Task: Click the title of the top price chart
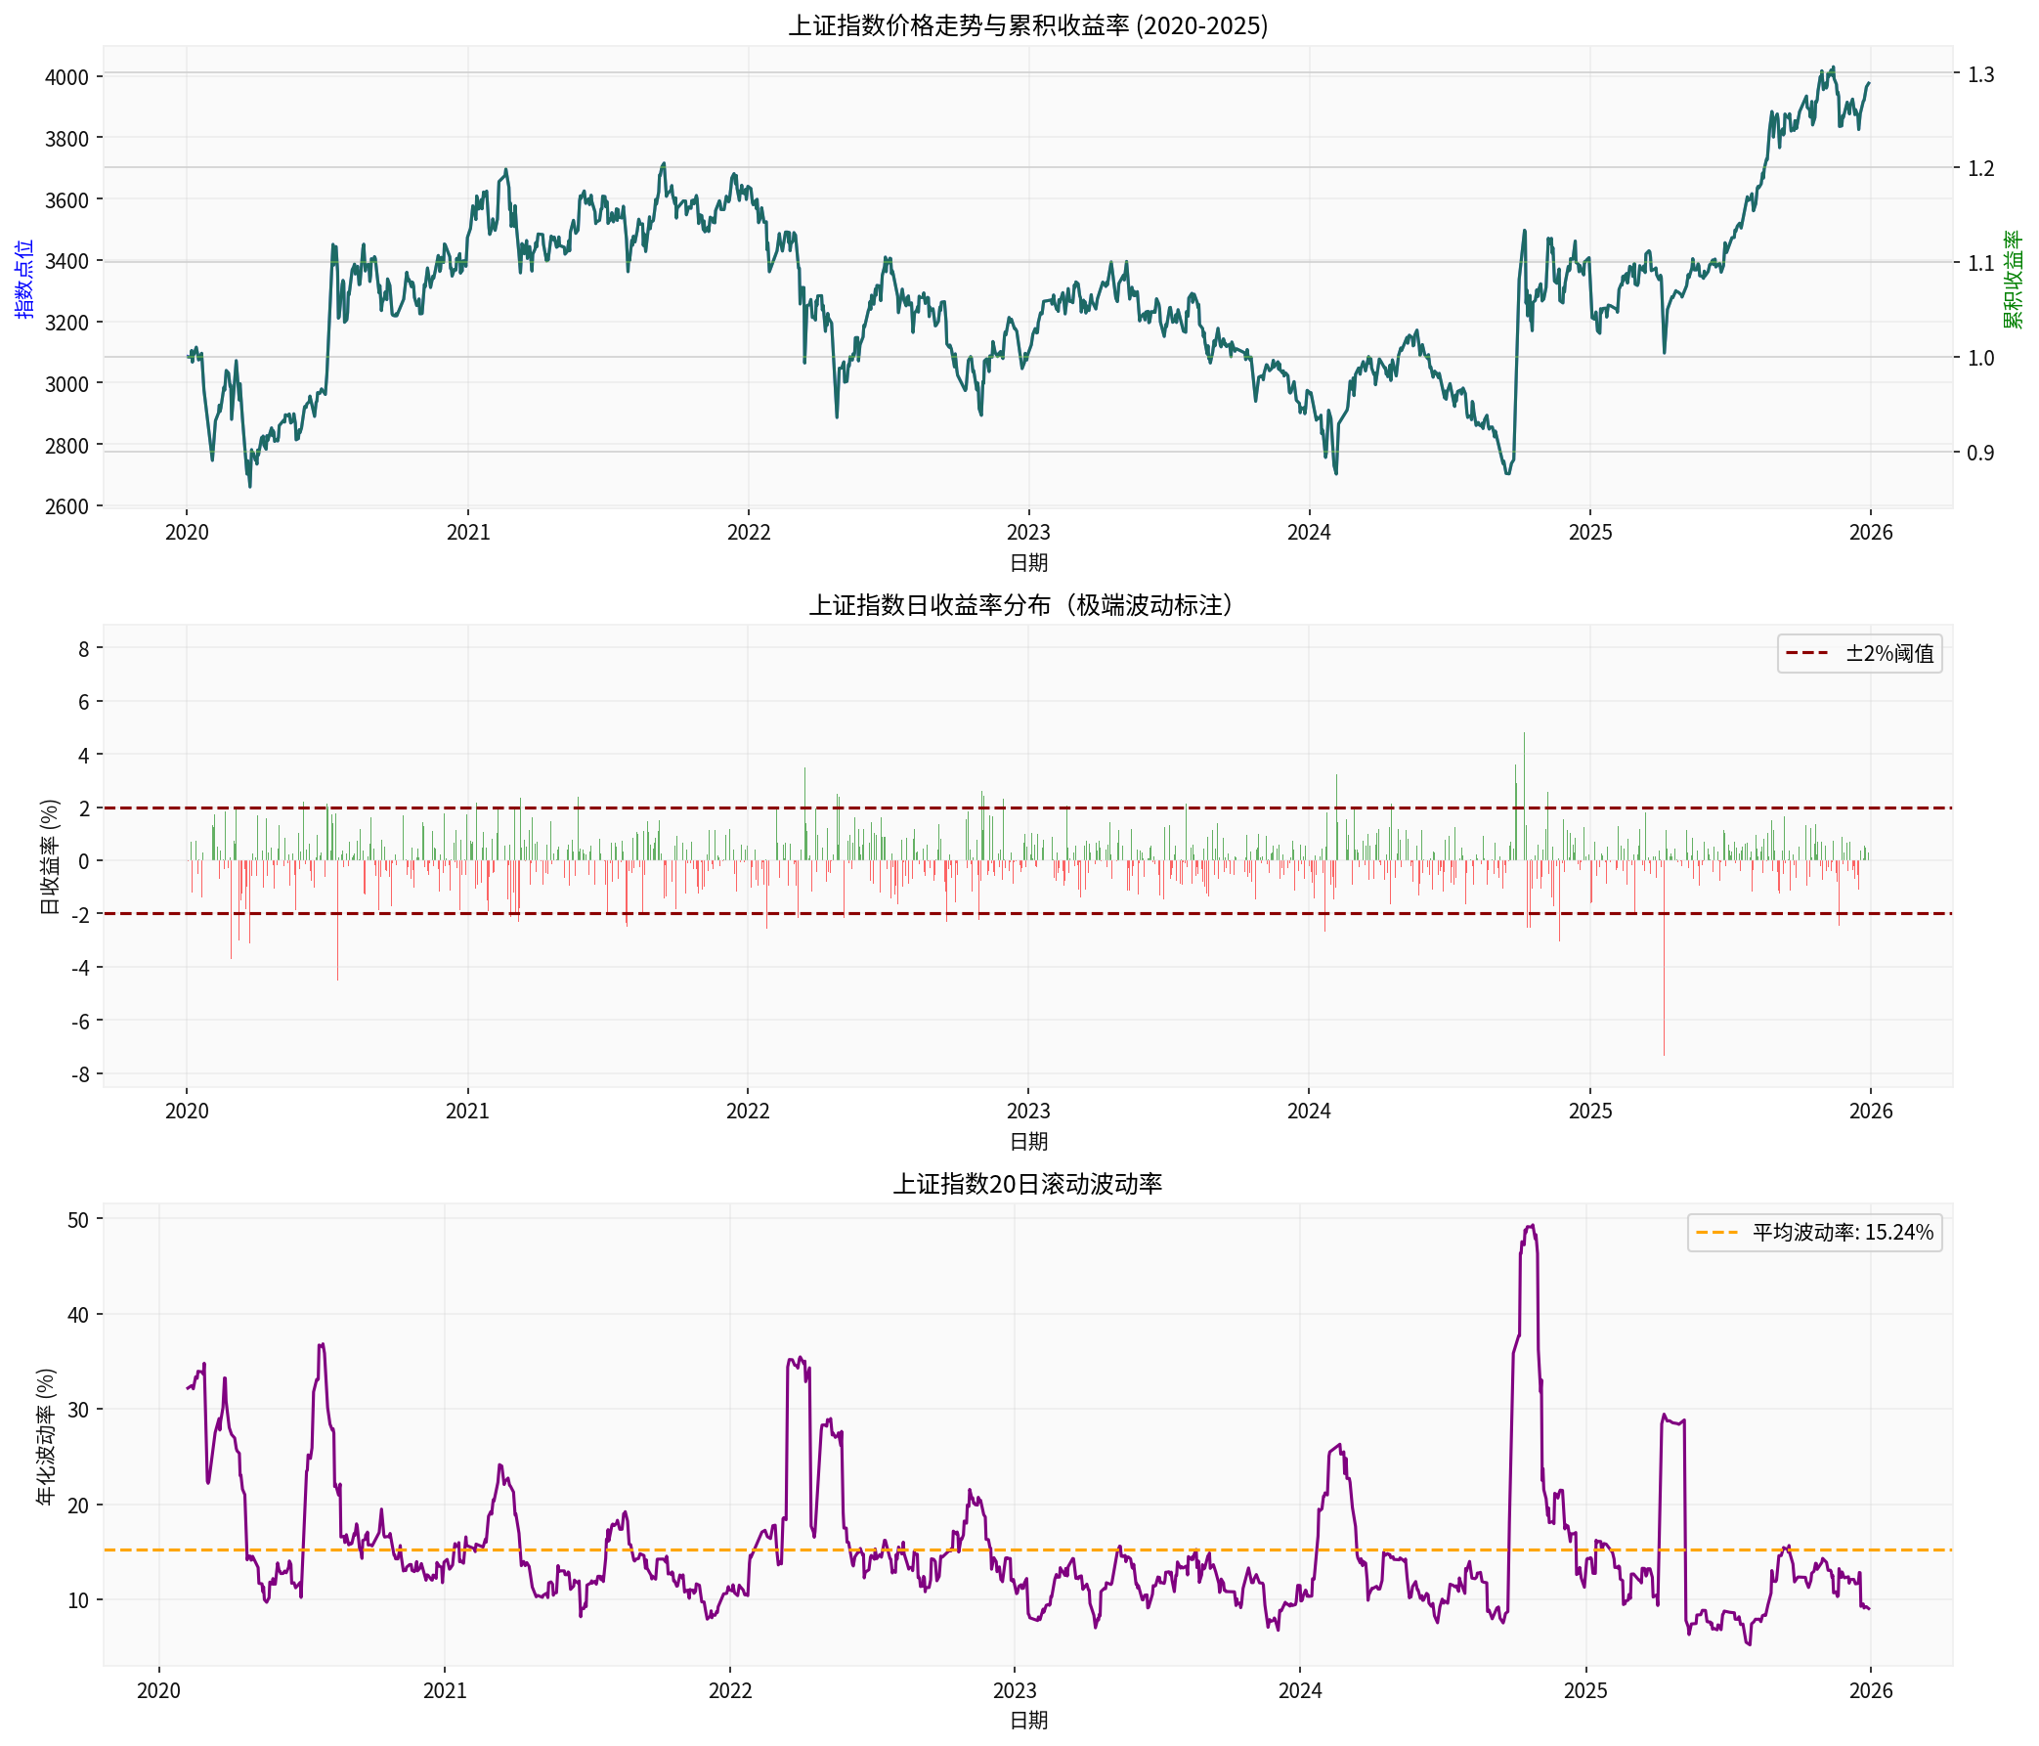(1027, 25)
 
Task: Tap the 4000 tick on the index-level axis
(66, 77)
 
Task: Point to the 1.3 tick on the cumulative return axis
(1980, 74)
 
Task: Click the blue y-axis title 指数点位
(23, 278)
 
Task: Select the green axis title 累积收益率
(2014, 280)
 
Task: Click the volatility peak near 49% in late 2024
(1531, 1226)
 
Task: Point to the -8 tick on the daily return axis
(80, 1073)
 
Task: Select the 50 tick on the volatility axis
(78, 1219)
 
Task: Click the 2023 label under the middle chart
(1028, 1112)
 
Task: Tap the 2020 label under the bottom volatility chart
(158, 1691)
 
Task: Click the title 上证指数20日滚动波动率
(1027, 1184)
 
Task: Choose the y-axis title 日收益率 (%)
(49, 856)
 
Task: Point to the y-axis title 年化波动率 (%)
(45, 1437)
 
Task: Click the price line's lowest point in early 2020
(249, 486)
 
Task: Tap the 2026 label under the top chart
(1870, 533)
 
